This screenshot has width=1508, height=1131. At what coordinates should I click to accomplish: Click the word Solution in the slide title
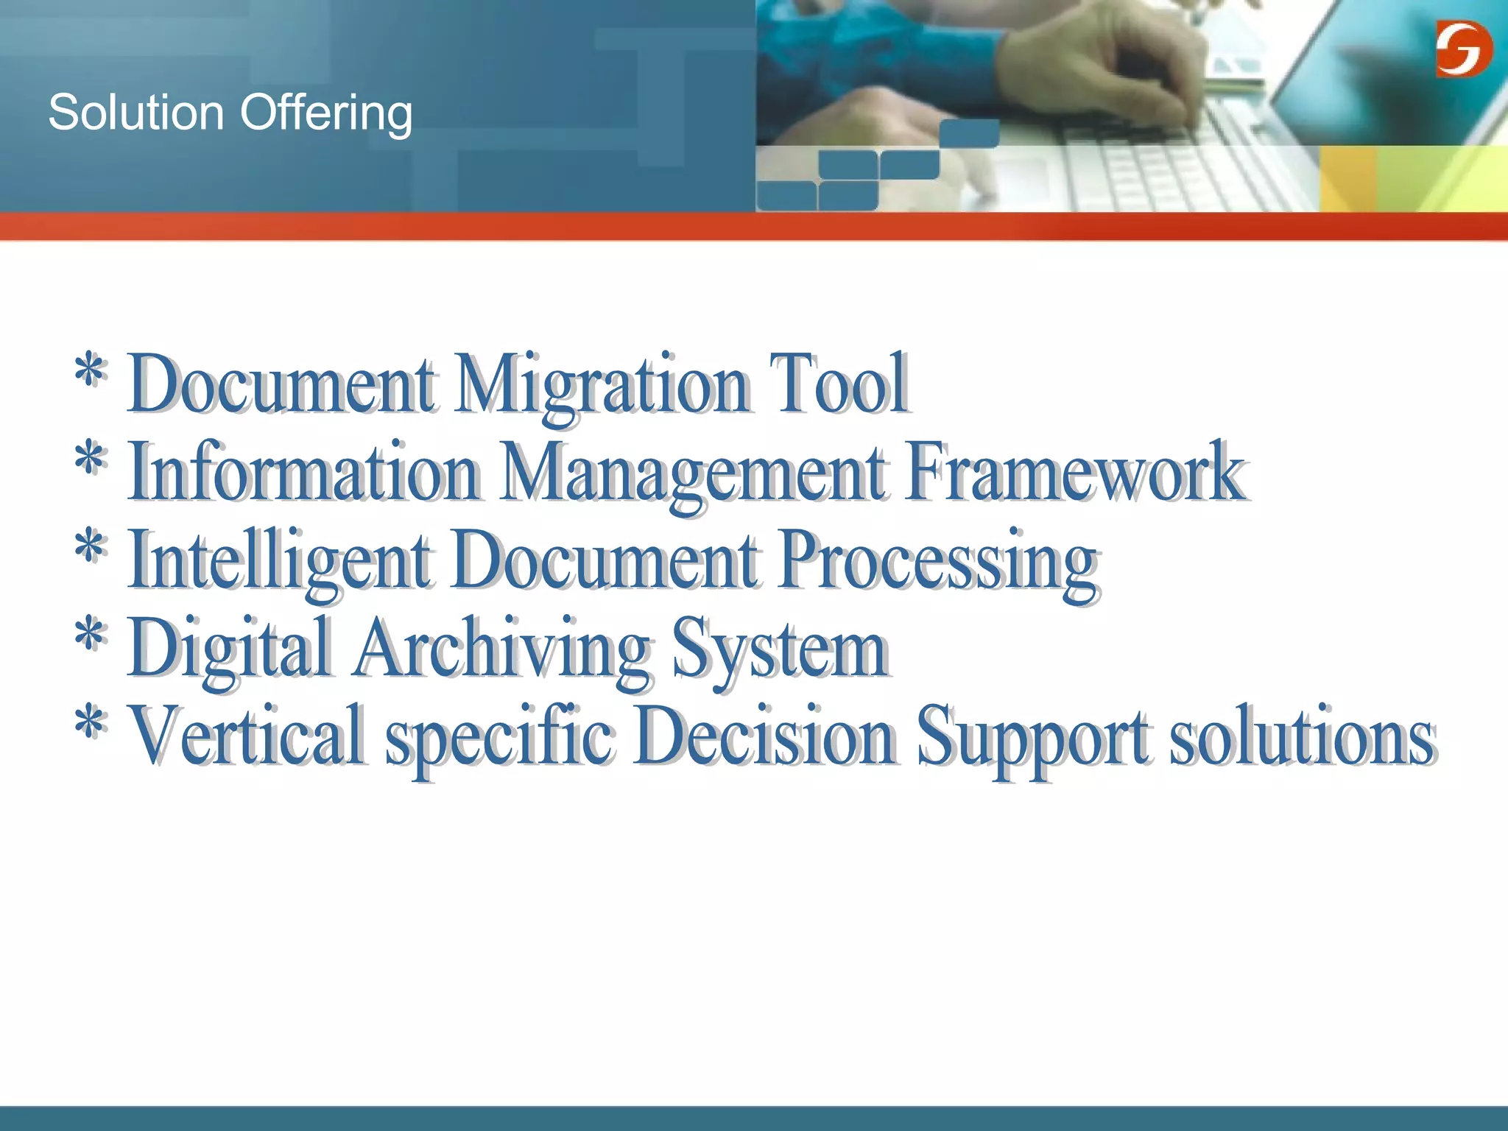click(135, 113)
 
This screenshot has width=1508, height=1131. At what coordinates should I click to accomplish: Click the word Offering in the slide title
click(325, 115)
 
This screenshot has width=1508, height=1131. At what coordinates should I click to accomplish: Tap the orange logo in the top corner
click(1464, 49)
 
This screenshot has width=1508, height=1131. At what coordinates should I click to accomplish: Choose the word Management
click(694, 473)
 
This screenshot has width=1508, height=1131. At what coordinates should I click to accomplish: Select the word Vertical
click(247, 736)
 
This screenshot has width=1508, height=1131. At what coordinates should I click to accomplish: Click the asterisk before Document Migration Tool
click(90, 373)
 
